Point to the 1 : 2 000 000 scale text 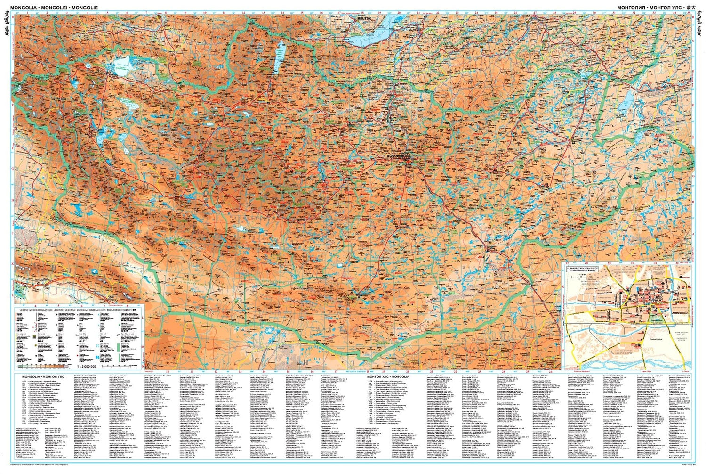85,366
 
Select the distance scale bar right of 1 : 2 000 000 118,366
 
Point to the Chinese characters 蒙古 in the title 690,7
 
